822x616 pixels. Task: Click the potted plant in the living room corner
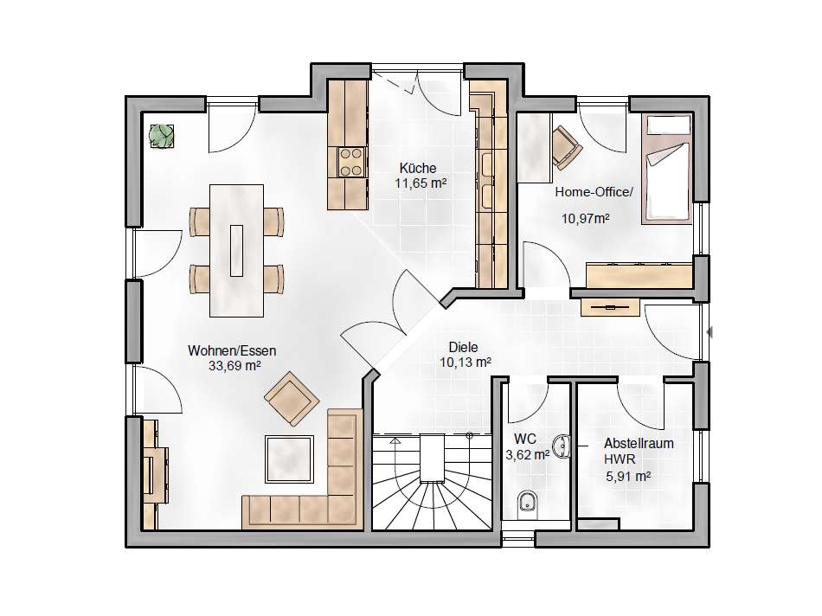162,137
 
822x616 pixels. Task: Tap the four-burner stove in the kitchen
351,162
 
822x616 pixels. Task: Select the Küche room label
418,169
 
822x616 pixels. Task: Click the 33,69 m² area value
234,366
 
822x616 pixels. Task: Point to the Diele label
464,347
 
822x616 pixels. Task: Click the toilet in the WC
526,502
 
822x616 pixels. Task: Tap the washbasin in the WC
562,446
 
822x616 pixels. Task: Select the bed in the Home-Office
667,169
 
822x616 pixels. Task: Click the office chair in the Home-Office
567,147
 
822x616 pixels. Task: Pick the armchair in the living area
292,399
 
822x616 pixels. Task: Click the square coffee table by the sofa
290,459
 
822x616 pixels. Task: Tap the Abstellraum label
639,443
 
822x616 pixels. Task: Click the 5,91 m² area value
628,477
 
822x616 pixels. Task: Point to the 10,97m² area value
586,218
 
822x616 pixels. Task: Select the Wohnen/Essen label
232,350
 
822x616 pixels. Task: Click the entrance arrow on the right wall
710,332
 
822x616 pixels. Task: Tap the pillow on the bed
668,125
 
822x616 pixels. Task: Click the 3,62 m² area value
528,455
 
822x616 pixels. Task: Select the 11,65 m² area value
421,183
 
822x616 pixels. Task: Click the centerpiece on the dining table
236,250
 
